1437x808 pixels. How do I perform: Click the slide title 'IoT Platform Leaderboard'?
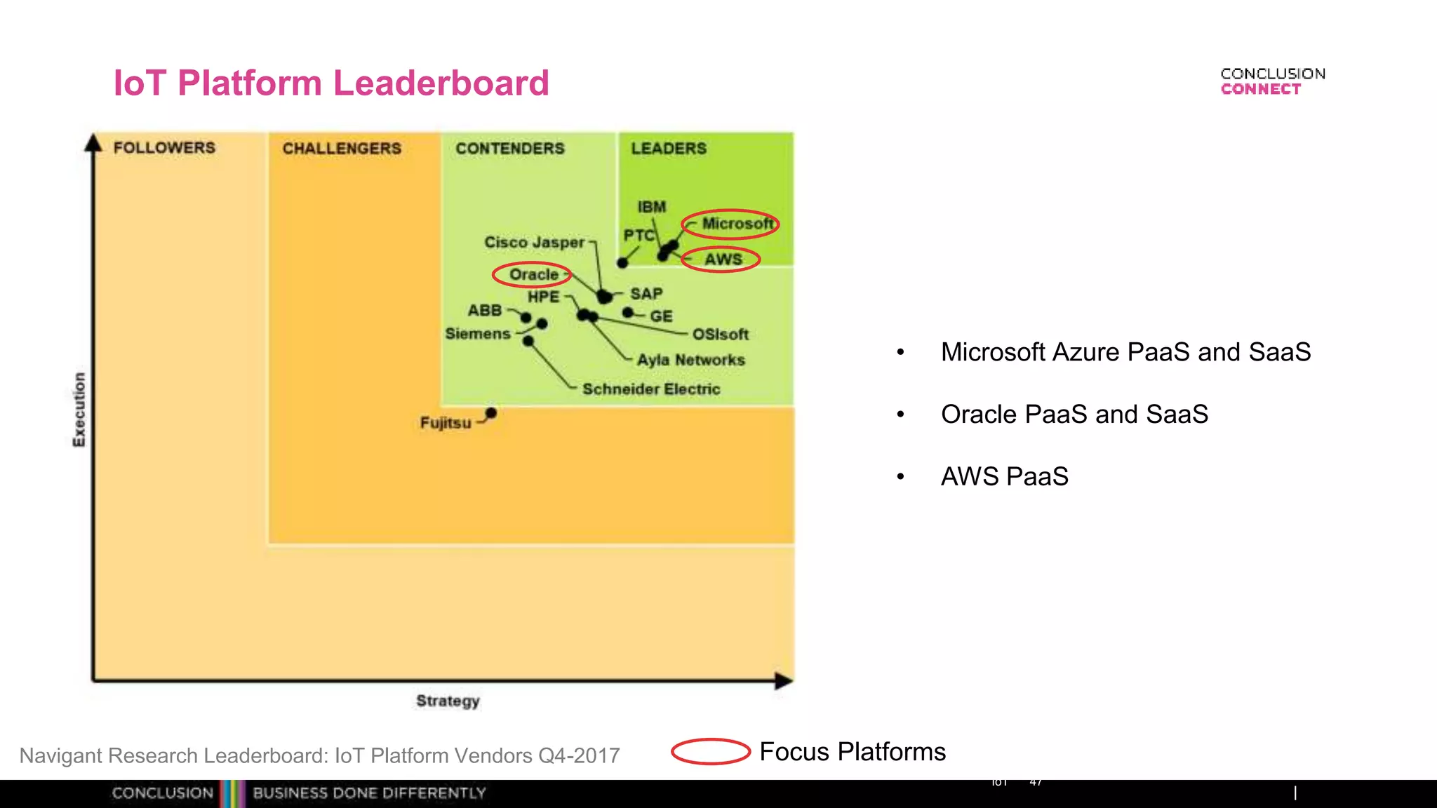pos(331,83)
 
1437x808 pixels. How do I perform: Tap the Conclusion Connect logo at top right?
pos(1272,81)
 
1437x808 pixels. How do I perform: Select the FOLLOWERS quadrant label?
pos(164,148)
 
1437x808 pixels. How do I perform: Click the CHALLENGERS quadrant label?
pos(342,149)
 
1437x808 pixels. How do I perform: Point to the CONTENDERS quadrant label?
pos(510,149)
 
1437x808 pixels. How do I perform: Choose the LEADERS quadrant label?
pos(669,149)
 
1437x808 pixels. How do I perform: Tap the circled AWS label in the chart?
pos(723,260)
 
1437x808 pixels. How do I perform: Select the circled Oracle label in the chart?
pos(533,274)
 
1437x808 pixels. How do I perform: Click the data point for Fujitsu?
pos(491,413)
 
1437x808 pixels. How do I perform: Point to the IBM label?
pos(651,207)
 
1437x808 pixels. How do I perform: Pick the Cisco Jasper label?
pos(534,243)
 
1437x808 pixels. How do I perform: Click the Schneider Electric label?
pos(651,389)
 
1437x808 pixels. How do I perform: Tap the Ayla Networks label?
pos(690,361)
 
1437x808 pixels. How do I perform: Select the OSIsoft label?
pos(720,335)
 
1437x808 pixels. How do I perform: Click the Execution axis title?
pos(79,410)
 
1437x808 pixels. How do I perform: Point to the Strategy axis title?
pos(448,701)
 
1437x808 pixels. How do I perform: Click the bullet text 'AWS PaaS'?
pos(1004,476)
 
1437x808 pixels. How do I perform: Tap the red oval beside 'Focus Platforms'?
pos(711,751)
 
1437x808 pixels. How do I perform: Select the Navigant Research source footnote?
pos(320,755)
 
